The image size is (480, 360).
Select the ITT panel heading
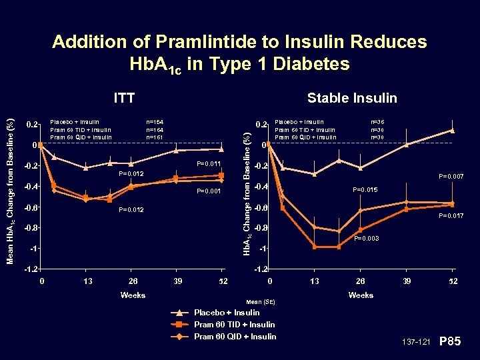124,99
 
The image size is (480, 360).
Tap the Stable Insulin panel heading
351,99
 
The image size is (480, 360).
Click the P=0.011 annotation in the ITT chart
209,164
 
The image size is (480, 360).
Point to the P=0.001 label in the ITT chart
209,191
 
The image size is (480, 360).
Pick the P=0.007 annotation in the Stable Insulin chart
451,177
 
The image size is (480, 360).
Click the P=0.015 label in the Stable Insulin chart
365,190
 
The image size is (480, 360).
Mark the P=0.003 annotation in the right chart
367,238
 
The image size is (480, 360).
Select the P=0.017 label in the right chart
451,216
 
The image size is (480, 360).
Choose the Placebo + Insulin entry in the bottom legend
227,313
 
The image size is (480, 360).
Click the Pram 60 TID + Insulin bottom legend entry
234,325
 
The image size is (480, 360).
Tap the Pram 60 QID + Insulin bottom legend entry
235,337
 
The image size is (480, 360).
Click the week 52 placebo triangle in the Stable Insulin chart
452,131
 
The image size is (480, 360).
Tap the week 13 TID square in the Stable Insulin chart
315,247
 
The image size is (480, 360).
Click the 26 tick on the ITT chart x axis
133,281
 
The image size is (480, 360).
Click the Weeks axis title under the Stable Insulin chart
361,295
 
